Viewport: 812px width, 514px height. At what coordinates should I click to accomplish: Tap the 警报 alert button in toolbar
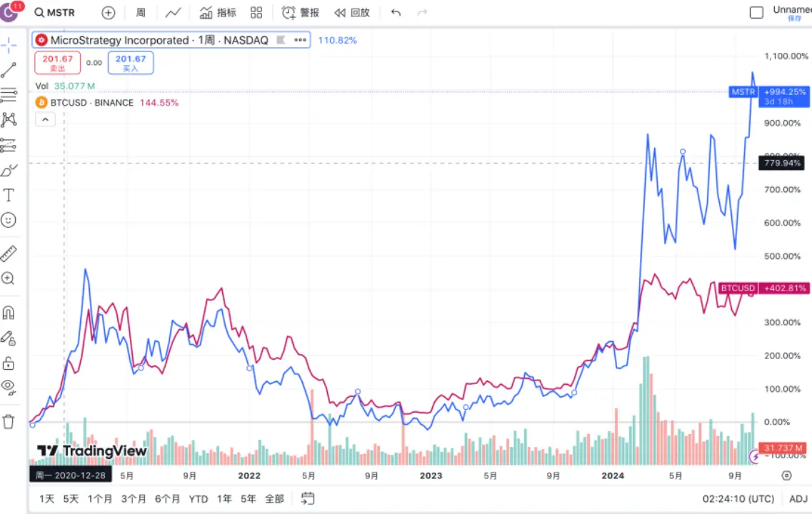click(x=301, y=13)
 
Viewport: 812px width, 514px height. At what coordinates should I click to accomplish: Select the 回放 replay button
click(x=353, y=13)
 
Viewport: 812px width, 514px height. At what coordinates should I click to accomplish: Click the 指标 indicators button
click(x=218, y=13)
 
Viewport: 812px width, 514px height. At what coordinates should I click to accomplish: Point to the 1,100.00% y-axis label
click(x=782, y=56)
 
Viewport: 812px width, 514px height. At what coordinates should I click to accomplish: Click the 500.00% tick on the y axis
click(x=782, y=256)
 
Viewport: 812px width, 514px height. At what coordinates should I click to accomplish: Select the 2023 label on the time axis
click(x=431, y=475)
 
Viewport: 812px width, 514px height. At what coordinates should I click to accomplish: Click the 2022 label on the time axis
click(x=249, y=475)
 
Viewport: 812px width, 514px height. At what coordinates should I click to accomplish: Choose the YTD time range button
click(x=199, y=499)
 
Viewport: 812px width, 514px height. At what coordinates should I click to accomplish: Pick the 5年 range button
click(x=248, y=499)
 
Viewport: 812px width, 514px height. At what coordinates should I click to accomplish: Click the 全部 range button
click(x=274, y=499)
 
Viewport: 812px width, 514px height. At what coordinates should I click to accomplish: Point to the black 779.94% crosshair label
click(x=781, y=164)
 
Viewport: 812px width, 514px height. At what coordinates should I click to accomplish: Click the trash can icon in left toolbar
click(x=9, y=421)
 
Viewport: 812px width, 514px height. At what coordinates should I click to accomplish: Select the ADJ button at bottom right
click(x=798, y=499)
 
